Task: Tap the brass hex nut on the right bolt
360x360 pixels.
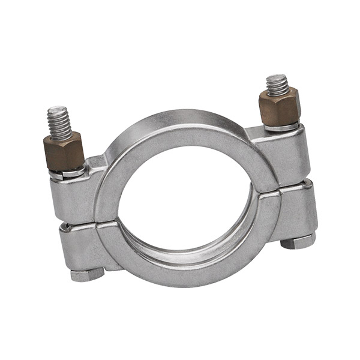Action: pos(279,106)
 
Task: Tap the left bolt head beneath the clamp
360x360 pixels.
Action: pos(87,274)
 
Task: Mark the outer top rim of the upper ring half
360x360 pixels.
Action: pos(180,118)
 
